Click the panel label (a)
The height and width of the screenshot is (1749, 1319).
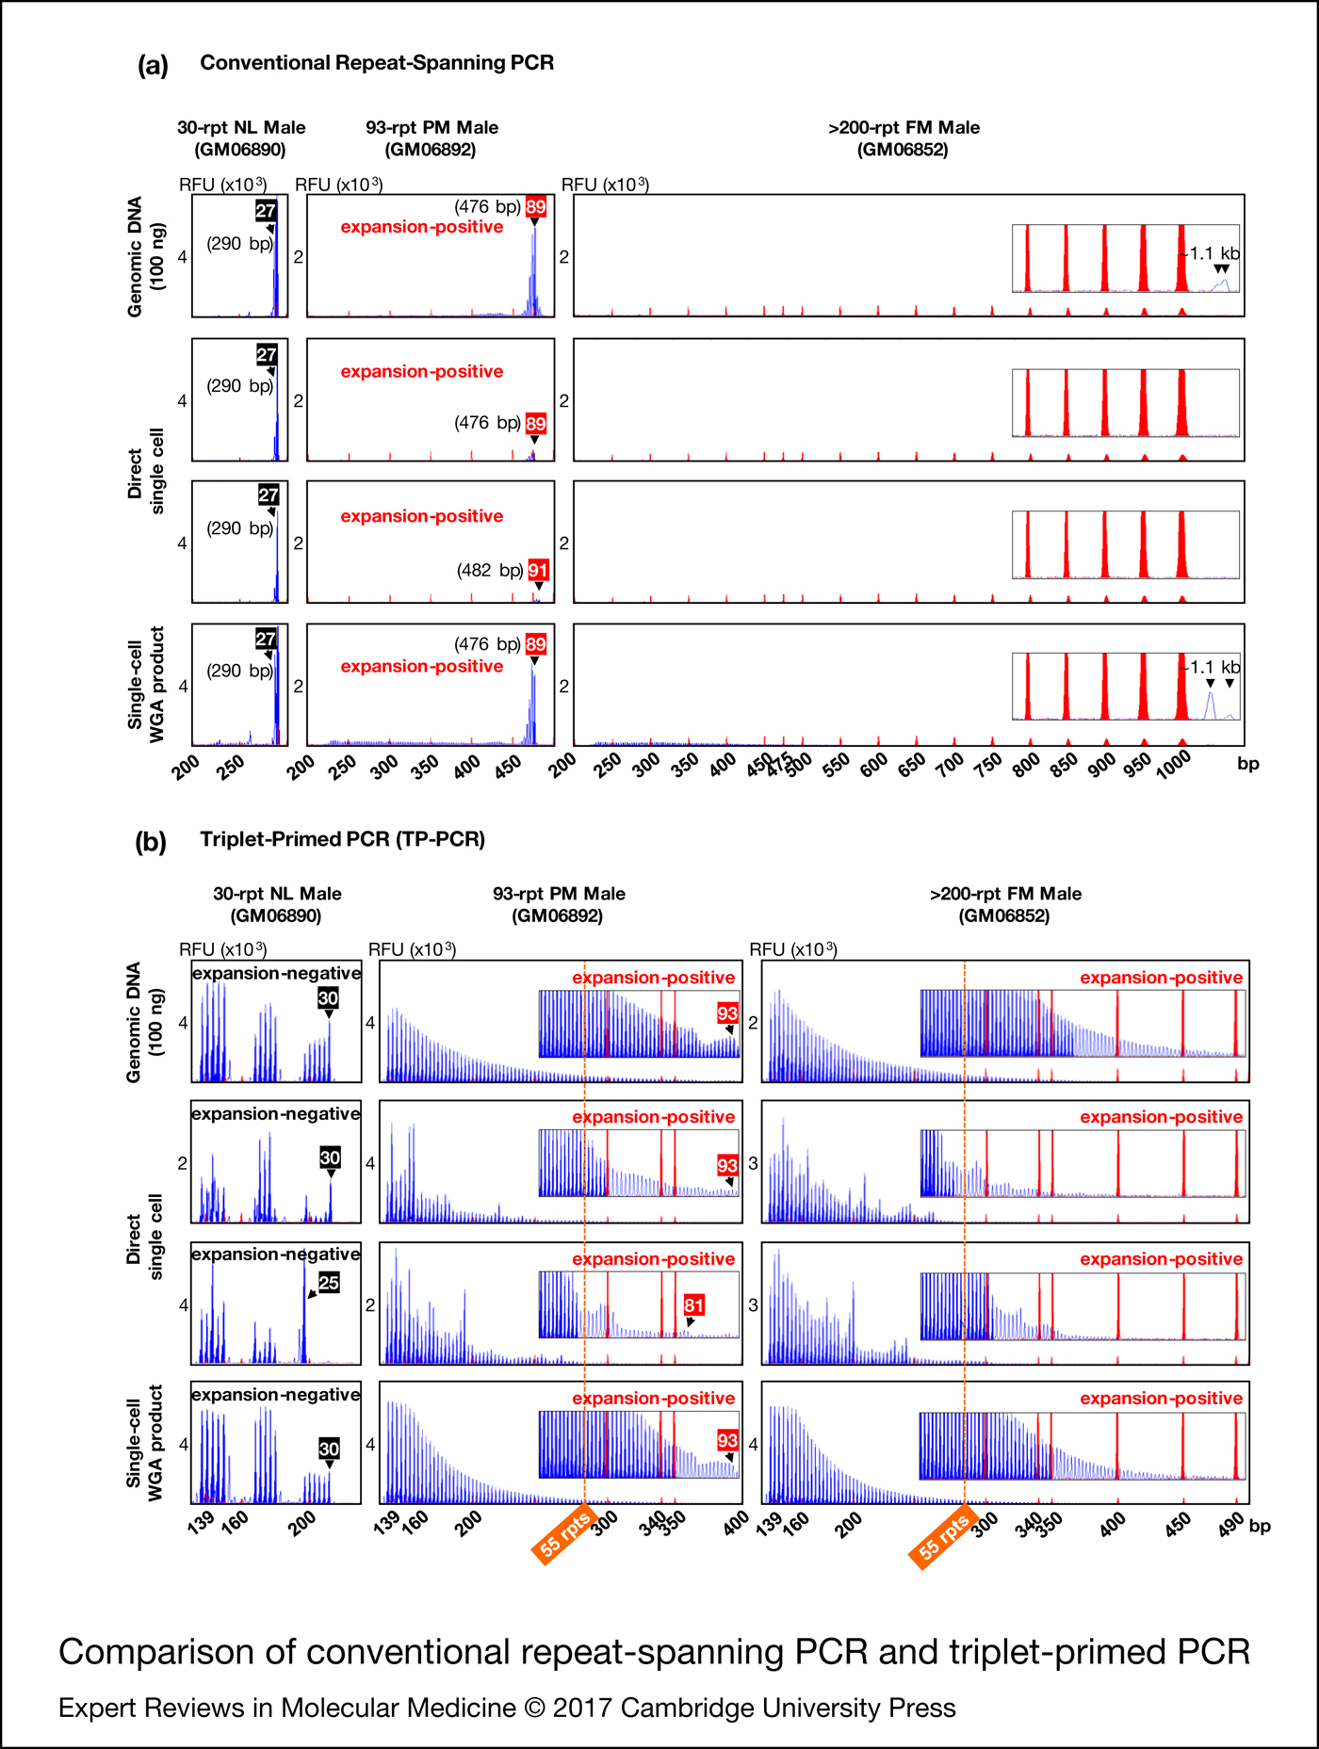153,66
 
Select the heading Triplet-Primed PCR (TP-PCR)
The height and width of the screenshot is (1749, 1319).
342,839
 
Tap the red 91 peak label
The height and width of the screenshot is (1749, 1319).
538,571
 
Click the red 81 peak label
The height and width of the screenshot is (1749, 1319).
693,1305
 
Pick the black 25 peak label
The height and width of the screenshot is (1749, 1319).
328,1283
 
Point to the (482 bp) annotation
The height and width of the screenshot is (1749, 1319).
490,571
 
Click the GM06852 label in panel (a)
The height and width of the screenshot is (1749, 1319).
903,150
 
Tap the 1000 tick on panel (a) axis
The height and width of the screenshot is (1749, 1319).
1174,767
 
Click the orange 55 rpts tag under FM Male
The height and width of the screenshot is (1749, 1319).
944,1538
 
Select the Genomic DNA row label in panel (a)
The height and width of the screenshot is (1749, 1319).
146,256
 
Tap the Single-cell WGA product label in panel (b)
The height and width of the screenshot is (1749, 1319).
145,1443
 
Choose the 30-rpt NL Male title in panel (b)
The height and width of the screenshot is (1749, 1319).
277,894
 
